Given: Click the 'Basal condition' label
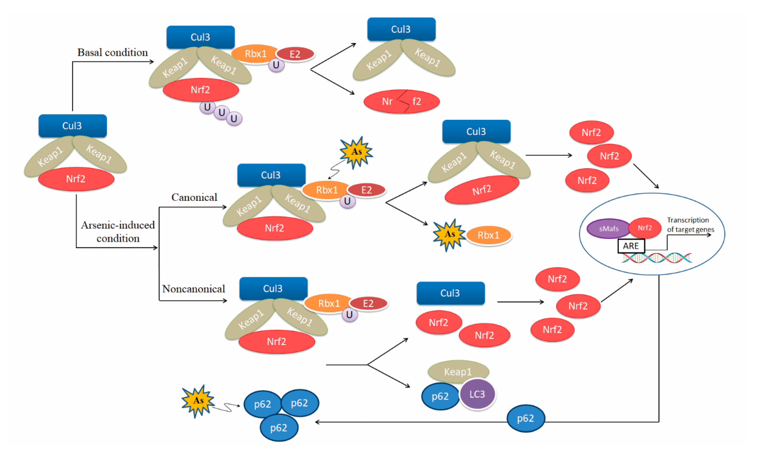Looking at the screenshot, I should click(x=113, y=52).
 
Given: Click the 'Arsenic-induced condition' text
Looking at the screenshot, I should click(x=118, y=231).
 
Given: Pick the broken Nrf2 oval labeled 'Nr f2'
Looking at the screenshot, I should click(x=401, y=101).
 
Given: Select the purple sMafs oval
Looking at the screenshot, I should click(x=608, y=229).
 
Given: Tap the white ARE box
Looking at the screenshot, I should click(x=631, y=246).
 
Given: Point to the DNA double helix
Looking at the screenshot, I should click(x=657, y=258).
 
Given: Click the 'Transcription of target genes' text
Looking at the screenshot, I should click(x=690, y=225).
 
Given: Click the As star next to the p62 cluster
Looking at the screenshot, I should click(x=198, y=401).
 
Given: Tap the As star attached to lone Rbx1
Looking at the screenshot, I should click(x=449, y=234).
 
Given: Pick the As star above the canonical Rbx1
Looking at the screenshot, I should click(x=356, y=152).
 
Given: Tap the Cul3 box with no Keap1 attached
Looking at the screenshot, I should click(x=450, y=293).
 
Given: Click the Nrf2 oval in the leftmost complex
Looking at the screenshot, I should click(x=76, y=179).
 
